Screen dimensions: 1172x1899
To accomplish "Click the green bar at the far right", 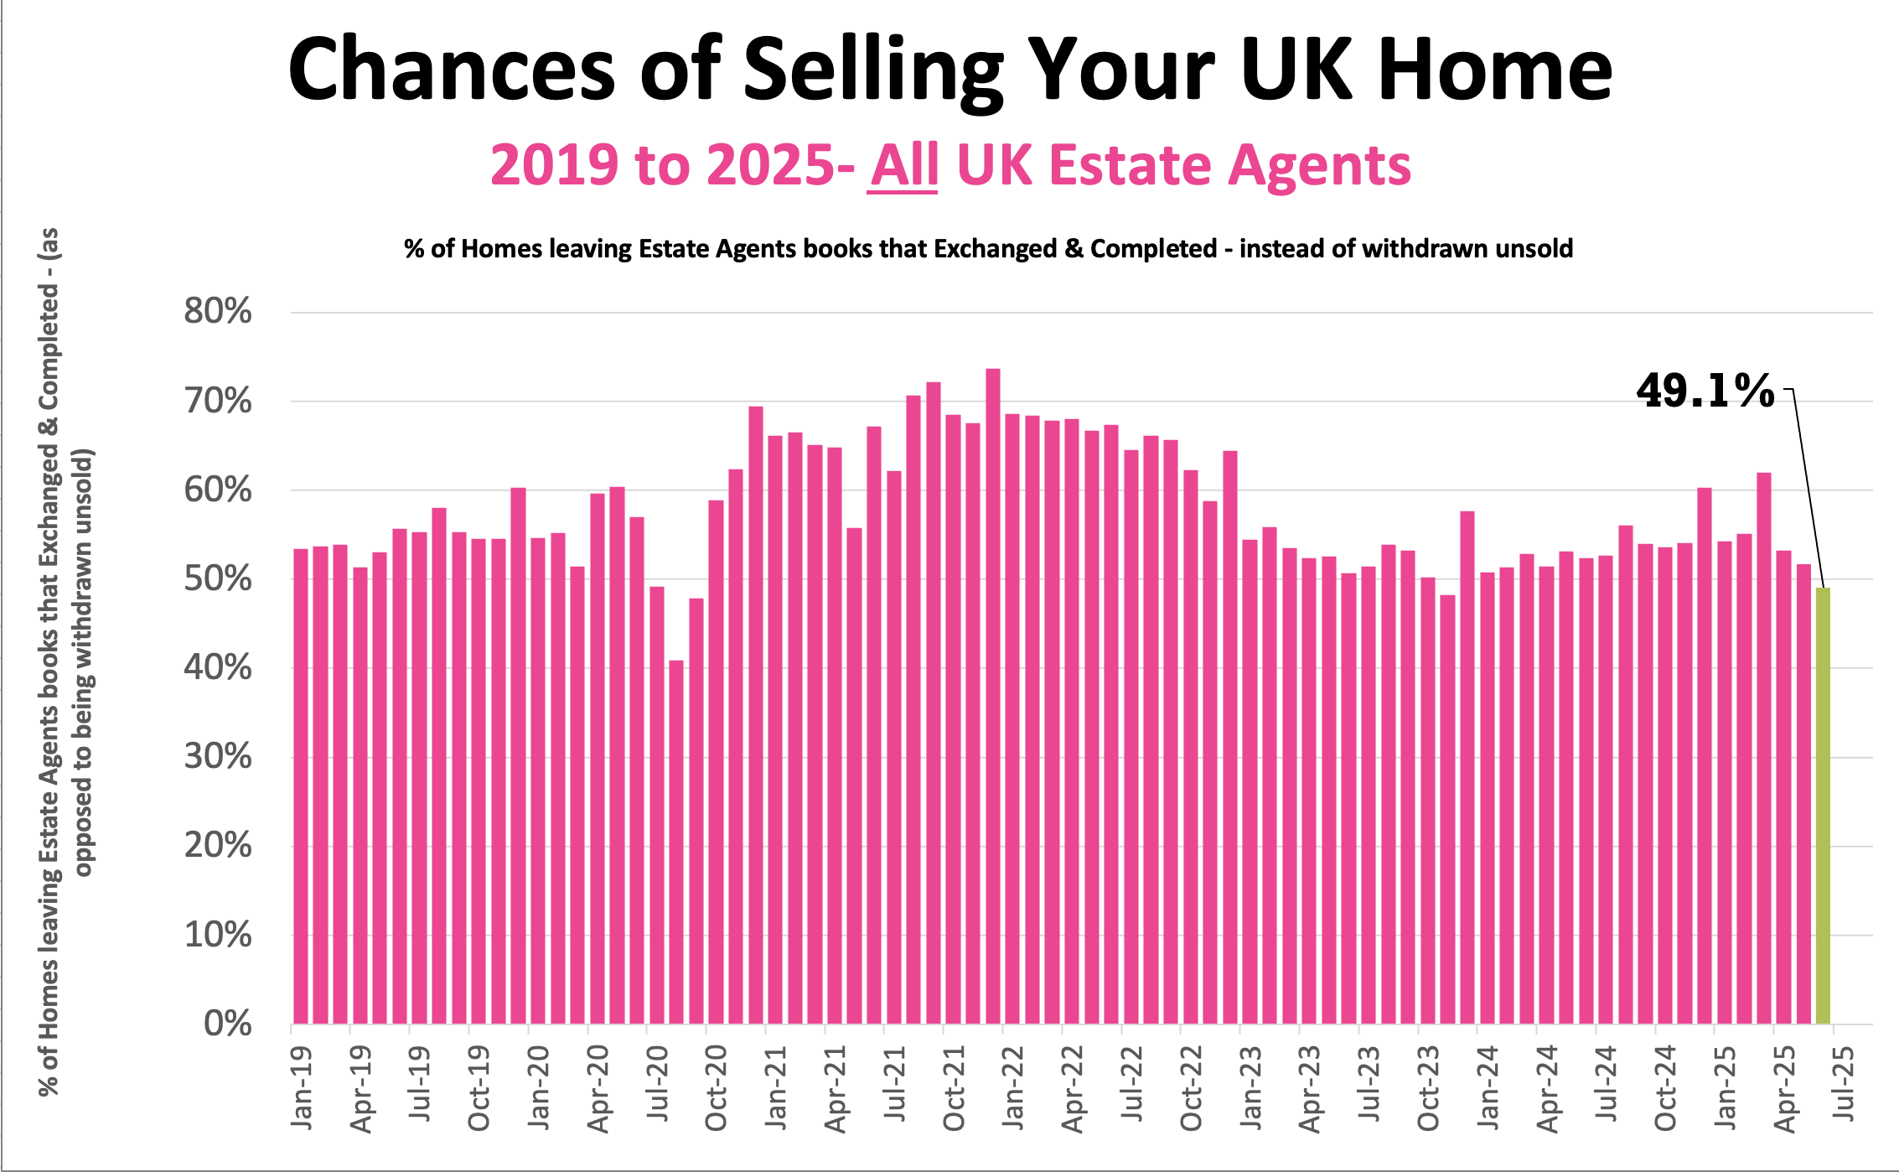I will pyautogui.click(x=1823, y=805).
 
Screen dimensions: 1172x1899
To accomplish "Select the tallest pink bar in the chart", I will pyautogui.click(x=993, y=696).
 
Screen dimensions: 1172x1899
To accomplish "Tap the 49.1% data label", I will pyautogui.click(x=1705, y=392).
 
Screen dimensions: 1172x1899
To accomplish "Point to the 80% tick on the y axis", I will pyautogui.click(x=218, y=312).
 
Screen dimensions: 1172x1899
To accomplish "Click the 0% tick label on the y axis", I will pyautogui.click(x=228, y=1024).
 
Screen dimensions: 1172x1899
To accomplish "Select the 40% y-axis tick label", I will pyautogui.click(x=218, y=668).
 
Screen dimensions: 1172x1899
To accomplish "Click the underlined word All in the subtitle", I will pyautogui.click(x=903, y=165).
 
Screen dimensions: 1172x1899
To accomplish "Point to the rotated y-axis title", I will pyautogui.click(x=65, y=662).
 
